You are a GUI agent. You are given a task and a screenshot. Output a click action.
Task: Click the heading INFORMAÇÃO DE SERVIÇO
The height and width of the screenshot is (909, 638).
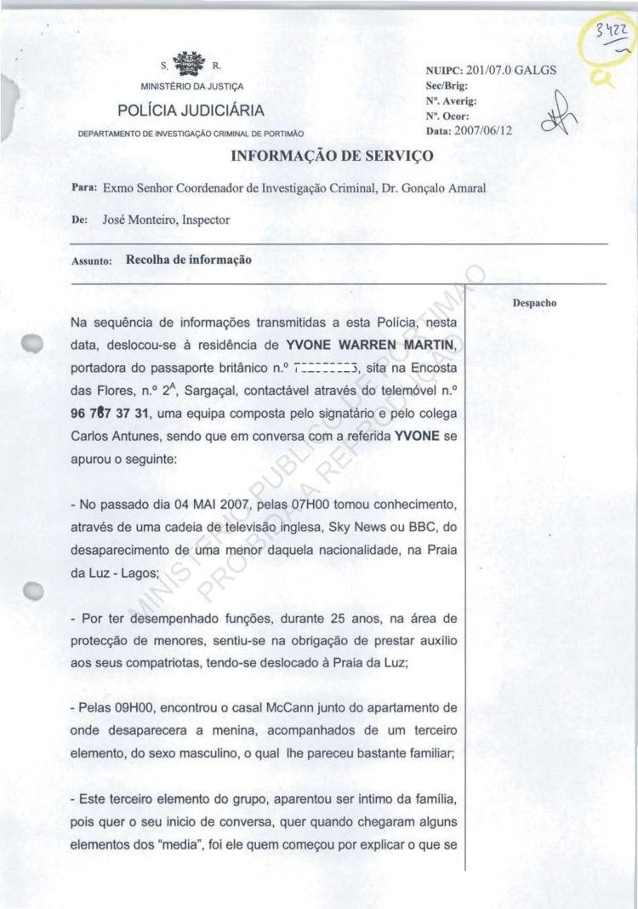coord(333,156)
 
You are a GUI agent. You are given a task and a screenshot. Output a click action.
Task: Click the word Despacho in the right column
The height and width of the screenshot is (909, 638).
coord(534,302)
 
